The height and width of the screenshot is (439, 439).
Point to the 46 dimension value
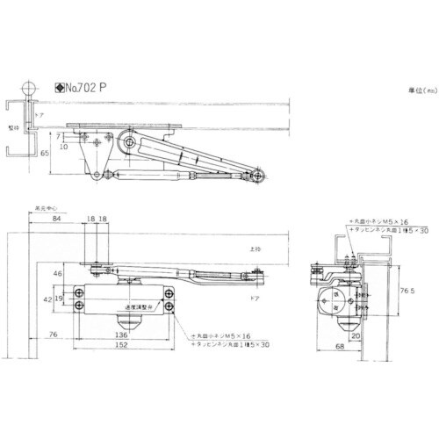[58, 275]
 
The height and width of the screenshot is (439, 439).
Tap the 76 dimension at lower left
[53, 334]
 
